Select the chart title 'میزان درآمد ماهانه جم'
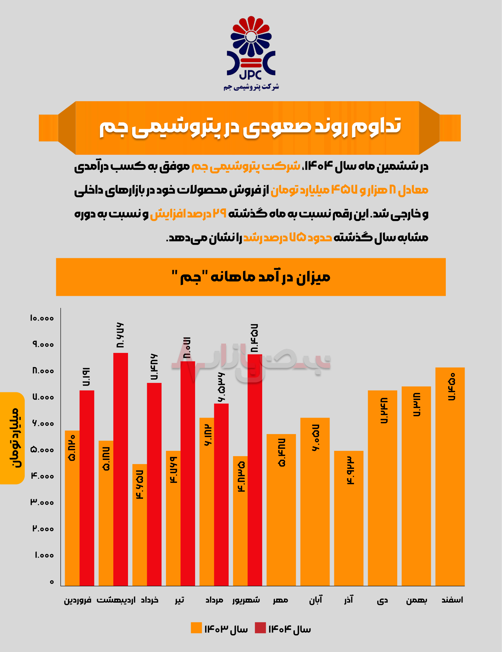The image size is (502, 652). (x=251, y=277)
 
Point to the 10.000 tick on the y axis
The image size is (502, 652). (x=42, y=318)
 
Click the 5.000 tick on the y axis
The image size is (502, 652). (x=42, y=450)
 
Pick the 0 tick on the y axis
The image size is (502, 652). (x=52, y=582)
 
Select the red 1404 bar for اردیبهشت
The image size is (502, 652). (x=121, y=469)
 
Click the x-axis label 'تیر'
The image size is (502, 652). (x=179, y=600)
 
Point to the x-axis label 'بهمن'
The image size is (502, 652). (x=416, y=600)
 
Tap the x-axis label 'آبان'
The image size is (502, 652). (x=316, y=599)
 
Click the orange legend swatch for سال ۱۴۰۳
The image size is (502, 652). (x=196, y=628)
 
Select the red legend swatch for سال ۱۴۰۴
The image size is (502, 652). (x=260, y=628)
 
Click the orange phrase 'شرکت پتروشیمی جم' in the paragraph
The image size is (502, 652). (x=245, y=166)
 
